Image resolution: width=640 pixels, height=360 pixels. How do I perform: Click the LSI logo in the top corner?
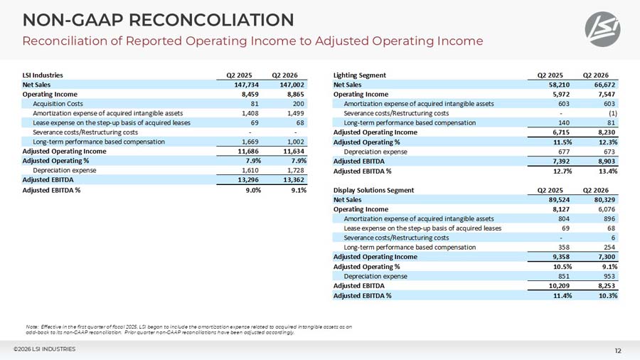(x=602, y=29)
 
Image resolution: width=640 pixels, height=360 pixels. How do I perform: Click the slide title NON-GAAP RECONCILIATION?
(x=158, y=19)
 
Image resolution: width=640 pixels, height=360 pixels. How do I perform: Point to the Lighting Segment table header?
(x=360, y=75)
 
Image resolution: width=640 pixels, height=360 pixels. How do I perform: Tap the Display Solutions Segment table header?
(x=373, y=190)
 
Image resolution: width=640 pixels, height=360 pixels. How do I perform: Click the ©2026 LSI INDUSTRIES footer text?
(x=44, y=349)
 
